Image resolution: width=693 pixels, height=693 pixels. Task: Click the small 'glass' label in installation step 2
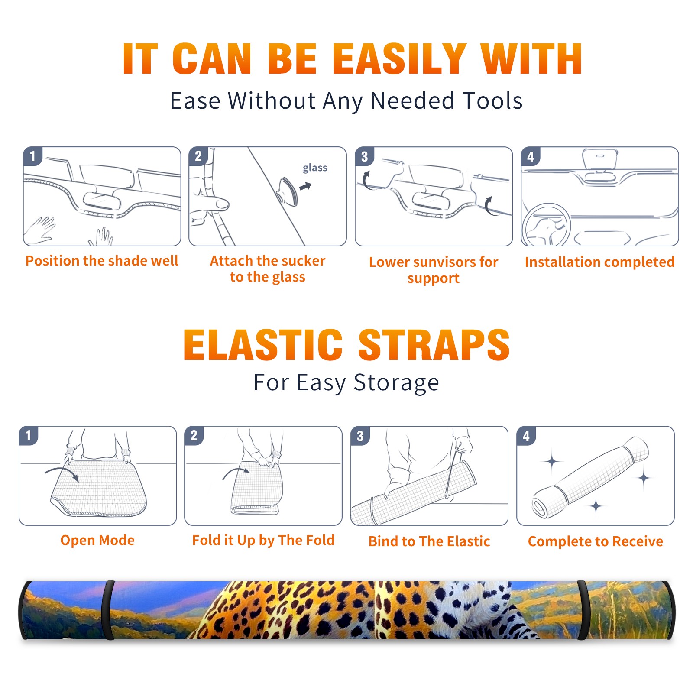[315, 168]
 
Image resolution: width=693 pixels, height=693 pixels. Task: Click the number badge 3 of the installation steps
[364, 156]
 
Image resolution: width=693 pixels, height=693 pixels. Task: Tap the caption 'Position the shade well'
[102, 261]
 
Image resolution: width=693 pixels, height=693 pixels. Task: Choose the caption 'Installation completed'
[599, 262]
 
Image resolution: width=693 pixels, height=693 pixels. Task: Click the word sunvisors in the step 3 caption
[439, 262]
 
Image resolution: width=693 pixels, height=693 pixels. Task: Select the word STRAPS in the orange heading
[434, 345]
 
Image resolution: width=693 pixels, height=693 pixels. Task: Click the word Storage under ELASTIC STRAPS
[396, 383]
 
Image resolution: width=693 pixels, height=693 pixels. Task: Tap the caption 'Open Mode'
[97, 540]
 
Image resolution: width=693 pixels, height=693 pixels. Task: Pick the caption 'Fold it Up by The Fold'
[263, 541]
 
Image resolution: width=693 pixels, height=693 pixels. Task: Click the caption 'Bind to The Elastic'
[429, 541]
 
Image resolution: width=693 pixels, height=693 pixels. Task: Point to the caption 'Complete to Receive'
[596, 541]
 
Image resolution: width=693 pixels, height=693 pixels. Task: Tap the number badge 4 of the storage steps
[526, 436]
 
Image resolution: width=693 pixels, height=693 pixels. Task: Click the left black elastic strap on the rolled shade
[108, 610]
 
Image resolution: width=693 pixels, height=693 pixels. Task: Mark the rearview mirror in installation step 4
[600, 159]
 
